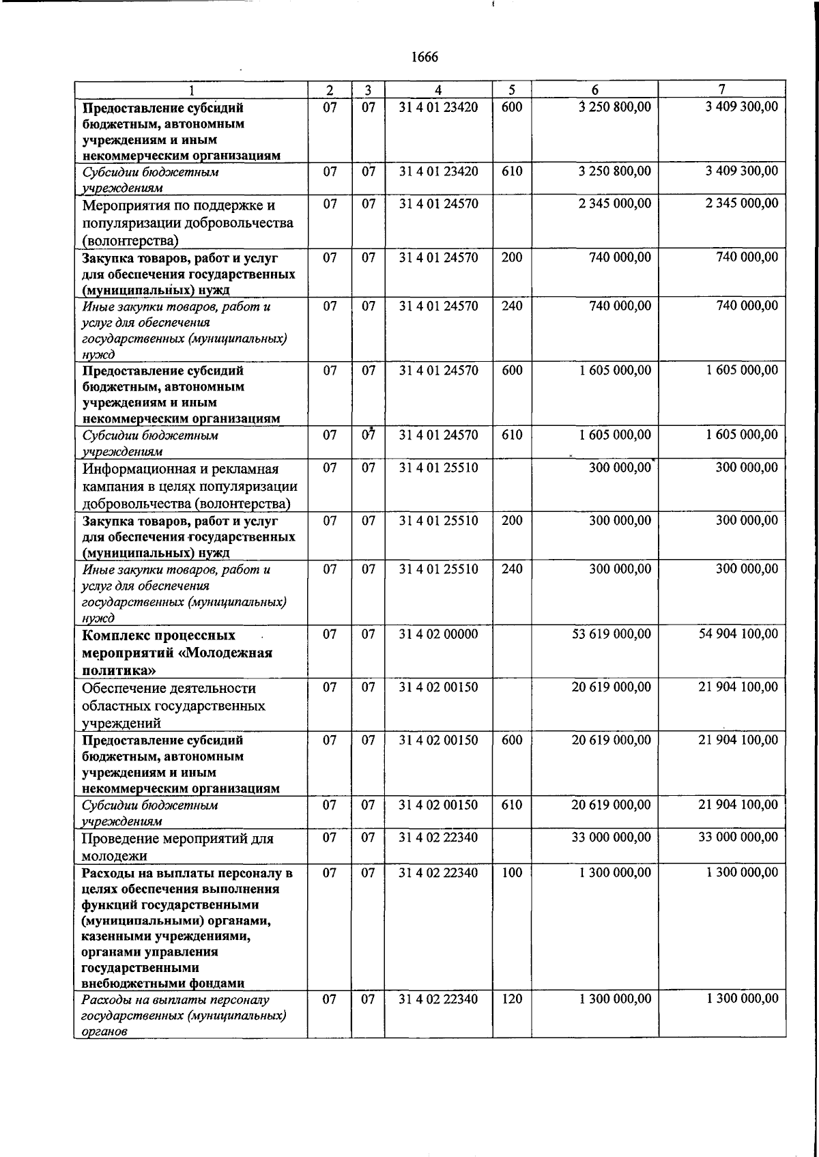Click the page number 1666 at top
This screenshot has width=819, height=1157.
pyautogui.click(x=425, y=57)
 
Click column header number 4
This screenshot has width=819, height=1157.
pyautogui.click(x=438, y=90)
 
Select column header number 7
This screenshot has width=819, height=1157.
pyautogui.click(x=721, y=89)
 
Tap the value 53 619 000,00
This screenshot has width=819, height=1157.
pyautogui.click(x=611, y=634)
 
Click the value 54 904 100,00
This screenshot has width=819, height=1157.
pyautogui.click(x=738, y=634)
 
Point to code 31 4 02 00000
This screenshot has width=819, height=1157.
pyautogui.click(x=438, y=634)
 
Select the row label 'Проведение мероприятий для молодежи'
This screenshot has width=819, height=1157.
pyautogui.click(x=177, y=846)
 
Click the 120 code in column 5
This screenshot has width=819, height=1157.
pyautogui.click(x=511, y=999)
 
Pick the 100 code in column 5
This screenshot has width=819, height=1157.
pyautogui.click(x=511, y=872)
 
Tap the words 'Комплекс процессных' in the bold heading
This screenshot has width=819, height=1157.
pyautogui.click(x=159, y=635)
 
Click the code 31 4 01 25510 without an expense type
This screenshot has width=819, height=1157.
pyautogui.click(x=438, y=468)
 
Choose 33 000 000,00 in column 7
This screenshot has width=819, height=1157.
pyautogui.click(x=738, y=837)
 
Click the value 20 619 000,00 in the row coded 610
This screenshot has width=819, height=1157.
pyautogui.click(x=611, y=805)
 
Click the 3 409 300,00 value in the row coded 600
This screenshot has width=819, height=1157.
pyautogui.click(x=742, y=107)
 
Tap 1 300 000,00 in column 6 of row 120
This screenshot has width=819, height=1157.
pyautogui.click(x=615, y=999)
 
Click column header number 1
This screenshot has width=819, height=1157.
pyautogui.click(x=191, y=90)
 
